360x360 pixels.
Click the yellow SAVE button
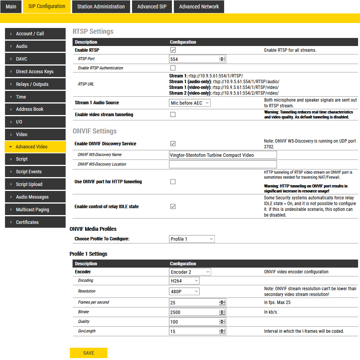click(x=88, y=353)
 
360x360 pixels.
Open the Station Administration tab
click(x=101, y=7)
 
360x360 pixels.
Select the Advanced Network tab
click(x=199, y=7)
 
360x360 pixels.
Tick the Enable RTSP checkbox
click(x=173, y=50)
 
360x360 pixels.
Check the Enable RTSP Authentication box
click(x=173, y=68)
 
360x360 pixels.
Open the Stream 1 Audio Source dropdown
click(x=190, y=103)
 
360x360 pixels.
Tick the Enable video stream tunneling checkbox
click(x=173, y=114)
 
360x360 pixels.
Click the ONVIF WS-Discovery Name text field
click(x=223, y=155)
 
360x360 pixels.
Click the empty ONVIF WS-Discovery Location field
click(x=223, y=164)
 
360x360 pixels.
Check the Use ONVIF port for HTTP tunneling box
click(x=173, y=182)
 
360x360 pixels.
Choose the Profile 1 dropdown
click(x=192, y=239)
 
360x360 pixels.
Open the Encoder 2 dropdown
click(x=190, y=272)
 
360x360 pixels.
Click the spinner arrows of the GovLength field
click(x=222, y=331)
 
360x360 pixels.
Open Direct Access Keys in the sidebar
click(x=35, y=72)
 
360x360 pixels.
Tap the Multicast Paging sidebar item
click(x=35, y=210)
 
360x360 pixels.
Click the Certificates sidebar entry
click(x=35, y=222)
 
